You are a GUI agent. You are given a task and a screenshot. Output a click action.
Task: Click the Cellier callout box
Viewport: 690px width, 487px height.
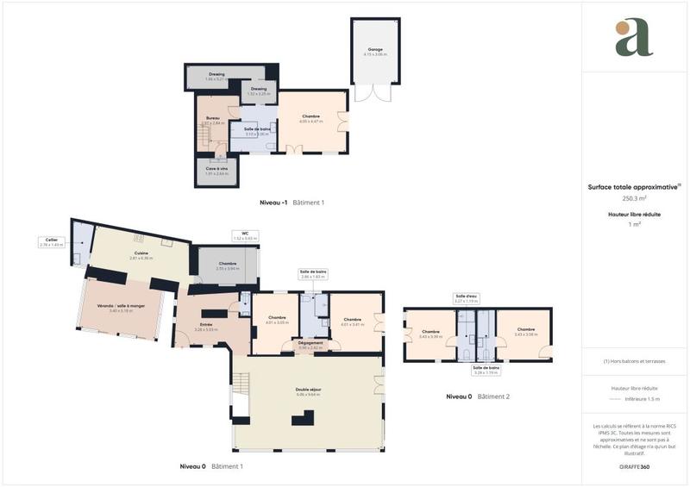pyautogui.click(x=51, y=243)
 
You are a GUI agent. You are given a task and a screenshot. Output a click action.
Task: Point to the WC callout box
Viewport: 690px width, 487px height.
pyautogui.click(x=245, y=235)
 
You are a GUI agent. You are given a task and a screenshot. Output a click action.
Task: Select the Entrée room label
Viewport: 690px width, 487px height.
pyautogui.click(x=206, y=326)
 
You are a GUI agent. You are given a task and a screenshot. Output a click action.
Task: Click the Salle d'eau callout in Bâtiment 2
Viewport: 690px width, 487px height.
pyautogui.click(x=466, y=299)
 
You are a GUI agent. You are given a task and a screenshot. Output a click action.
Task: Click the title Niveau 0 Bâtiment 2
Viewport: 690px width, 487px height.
pyautogui.click(x=478, y=396)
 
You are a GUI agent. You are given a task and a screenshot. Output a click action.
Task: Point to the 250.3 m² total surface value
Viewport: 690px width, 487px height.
pyautogui.click(x=634, y=197)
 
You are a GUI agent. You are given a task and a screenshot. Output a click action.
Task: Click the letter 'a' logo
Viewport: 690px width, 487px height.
pyautogui.click(x=634, y=37)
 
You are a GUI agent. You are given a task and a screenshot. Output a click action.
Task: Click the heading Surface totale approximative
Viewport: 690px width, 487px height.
pyautogui.click(x=634, y=186)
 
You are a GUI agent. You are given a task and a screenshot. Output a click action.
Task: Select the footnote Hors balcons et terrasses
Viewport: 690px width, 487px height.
pyautogui.click(x=634, y=360)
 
